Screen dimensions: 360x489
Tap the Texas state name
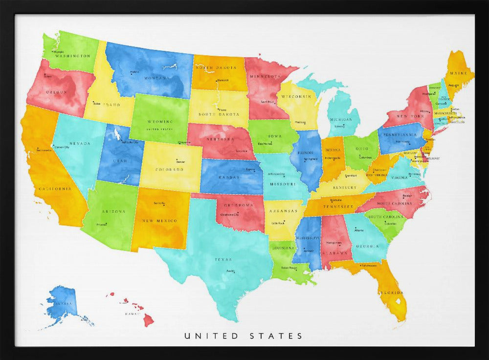(x=223, y=260)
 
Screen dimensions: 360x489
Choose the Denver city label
(x=180, y=161)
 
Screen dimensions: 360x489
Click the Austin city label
(x=230, y=271)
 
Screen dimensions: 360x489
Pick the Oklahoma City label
(x=229, y=215)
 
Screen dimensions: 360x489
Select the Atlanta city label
(x=359, y=230)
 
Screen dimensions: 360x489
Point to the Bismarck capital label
(x=222, y=80)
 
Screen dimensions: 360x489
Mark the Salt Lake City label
(x=130, y=142)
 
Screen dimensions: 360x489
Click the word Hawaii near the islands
(x=133, y=314)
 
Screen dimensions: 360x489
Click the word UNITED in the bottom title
(x=211, y=336)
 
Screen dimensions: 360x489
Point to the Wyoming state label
(x=160, y=121)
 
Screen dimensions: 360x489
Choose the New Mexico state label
(x=159, y=221)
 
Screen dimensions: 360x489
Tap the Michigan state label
(x=341, y=119)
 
